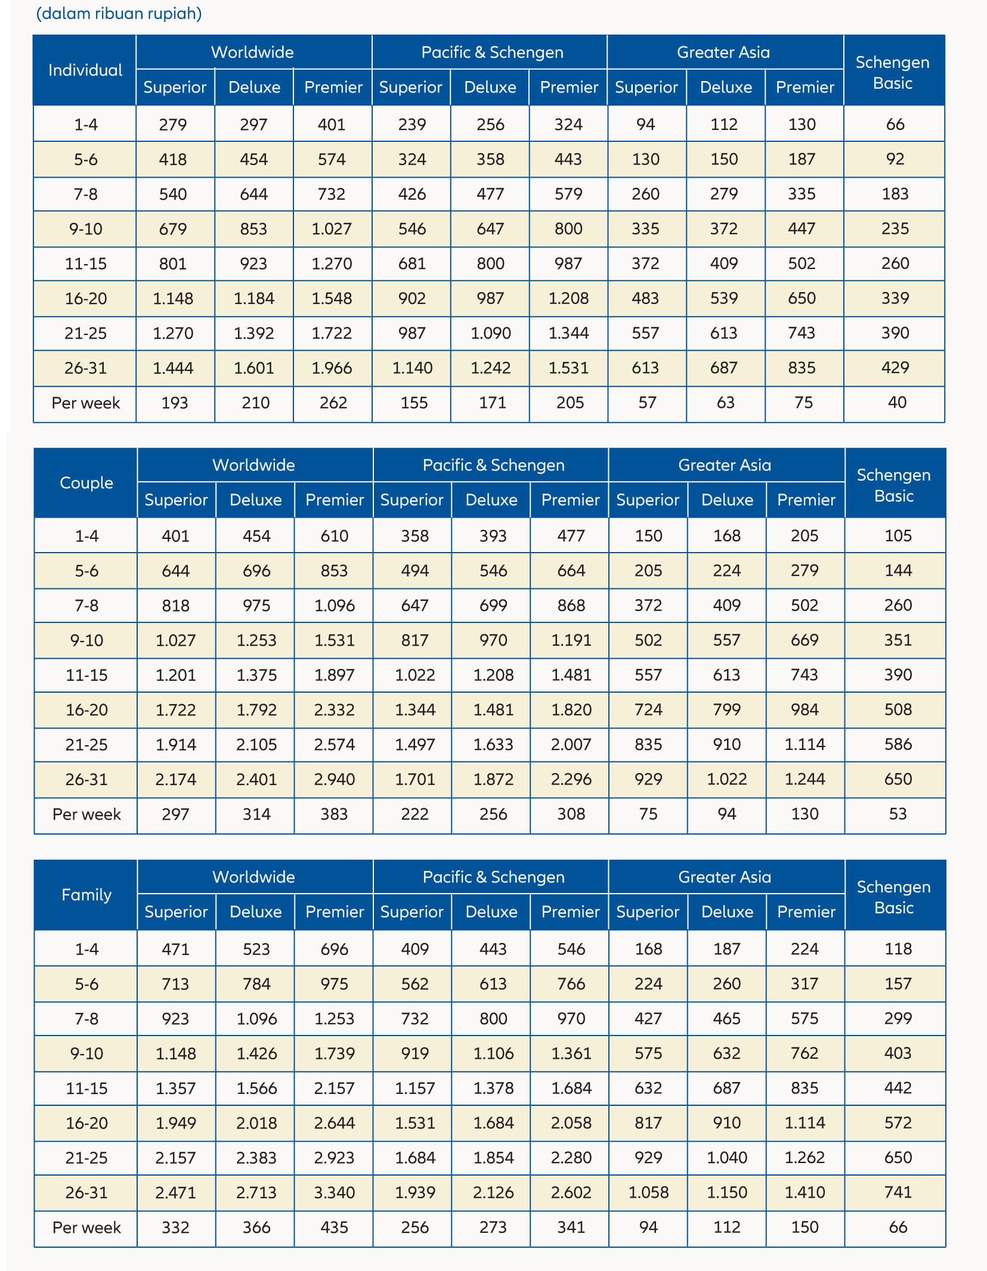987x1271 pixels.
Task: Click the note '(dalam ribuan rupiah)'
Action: point(119,14)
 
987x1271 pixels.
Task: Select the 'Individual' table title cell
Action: point(85,70)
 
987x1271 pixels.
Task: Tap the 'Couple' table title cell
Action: point(86,483)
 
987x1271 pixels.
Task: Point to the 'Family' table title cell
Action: point(86,895)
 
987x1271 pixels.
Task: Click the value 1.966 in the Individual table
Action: point(332,368)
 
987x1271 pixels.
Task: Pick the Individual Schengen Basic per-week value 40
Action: point(896,402)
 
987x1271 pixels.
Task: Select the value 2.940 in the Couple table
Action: point(334,779)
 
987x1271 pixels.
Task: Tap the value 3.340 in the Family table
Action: point(334,1192)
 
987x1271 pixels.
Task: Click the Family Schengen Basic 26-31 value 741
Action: point(898,1192)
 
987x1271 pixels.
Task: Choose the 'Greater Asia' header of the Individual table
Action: point(723,52)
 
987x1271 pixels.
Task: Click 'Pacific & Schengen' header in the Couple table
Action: point(493,465)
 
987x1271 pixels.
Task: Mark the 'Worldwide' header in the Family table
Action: point(253,877)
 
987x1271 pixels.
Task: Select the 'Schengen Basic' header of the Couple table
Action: point(893,485)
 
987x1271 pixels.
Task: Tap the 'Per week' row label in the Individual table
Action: point(85,403)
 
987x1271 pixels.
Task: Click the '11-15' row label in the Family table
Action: point(86,1088)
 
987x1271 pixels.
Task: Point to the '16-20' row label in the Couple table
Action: point(86,709)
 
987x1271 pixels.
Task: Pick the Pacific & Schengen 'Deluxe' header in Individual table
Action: point(490,88)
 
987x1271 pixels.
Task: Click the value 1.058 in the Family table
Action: point(648,1192)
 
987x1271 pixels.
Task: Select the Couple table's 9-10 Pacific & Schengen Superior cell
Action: point(414,640)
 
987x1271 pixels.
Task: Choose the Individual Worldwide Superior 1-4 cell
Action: point(173,125)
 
